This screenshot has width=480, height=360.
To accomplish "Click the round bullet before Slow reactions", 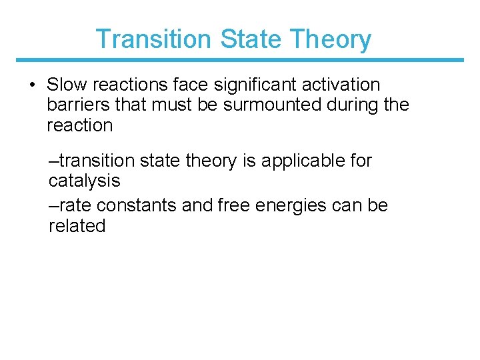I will coord(32,85).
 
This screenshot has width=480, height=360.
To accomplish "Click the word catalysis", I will coord(85,181).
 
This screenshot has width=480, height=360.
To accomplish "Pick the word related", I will coord(77,225).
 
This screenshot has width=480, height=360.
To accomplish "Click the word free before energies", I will coord(233,205).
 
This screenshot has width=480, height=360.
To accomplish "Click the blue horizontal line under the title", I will coord(240,60).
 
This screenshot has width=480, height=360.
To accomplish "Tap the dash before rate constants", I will coord(53,205).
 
